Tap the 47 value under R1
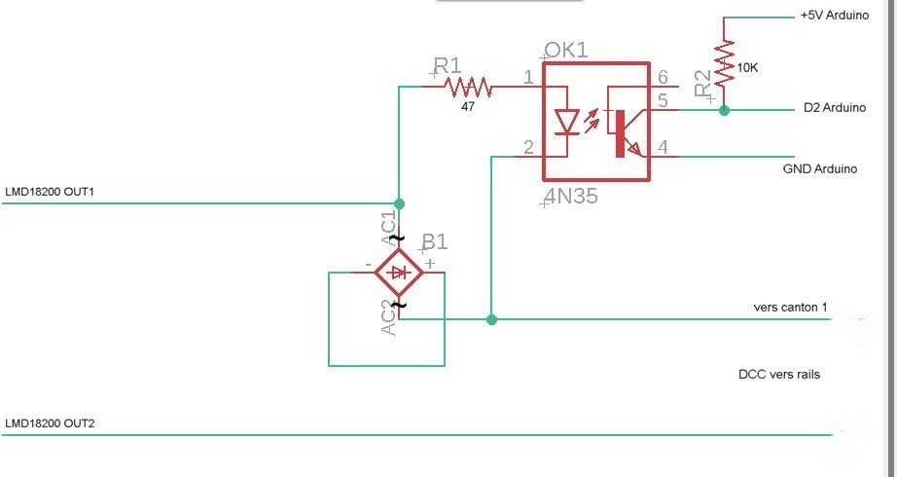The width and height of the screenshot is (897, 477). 469,107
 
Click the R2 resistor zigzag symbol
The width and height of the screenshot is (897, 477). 724,62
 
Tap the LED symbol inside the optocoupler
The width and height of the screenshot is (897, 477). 566,121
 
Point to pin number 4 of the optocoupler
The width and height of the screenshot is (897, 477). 663,148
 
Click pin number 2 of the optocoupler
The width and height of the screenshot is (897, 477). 528,148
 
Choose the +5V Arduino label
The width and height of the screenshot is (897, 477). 834,17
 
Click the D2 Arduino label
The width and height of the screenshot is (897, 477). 835,108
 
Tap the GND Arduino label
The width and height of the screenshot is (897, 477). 820,168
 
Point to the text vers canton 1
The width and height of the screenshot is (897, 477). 790,308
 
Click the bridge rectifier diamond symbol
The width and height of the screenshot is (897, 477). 399,274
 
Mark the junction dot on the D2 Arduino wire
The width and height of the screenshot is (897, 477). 724,111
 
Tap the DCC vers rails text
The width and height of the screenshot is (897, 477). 779,374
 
